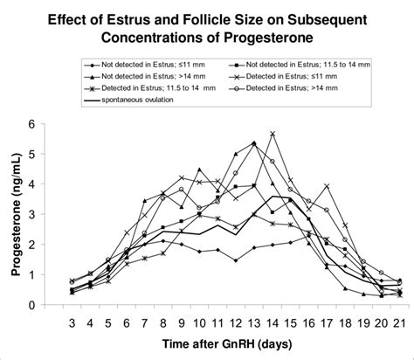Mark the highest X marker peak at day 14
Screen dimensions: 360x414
tap(273, 134)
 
